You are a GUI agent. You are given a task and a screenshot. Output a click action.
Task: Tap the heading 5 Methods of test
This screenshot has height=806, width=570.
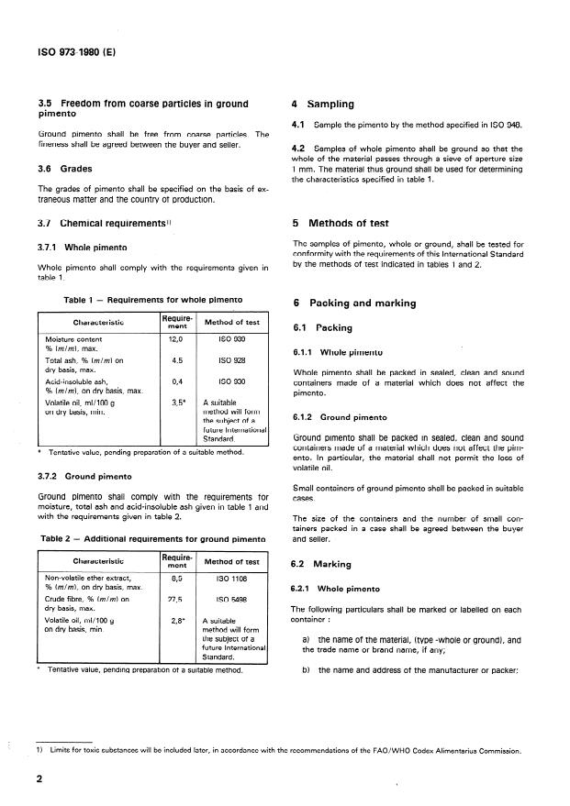tap(341, 223)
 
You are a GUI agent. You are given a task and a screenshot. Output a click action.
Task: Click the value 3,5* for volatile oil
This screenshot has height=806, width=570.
tap(178, 402)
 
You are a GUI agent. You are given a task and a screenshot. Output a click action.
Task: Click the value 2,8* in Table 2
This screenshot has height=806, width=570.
tap(178, 620)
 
